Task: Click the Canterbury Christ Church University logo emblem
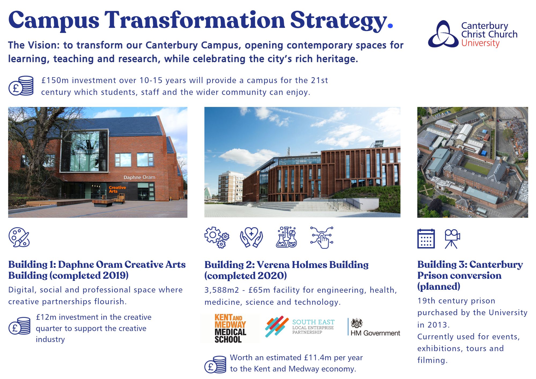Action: point(443,34)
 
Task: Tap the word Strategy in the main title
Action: point(338,20)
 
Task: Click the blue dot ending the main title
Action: point(390,26)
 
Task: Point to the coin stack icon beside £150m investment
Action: point(21,86)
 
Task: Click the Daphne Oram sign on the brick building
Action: point(139,177)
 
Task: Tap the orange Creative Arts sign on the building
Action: point(117,189)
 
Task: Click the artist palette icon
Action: point(19,237)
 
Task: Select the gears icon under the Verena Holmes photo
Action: point(217,237)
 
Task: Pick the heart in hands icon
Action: point(251,237)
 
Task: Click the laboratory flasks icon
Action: point(286,237)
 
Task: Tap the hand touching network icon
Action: point(322,237)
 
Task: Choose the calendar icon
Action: point(426,239)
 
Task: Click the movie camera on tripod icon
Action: point(452,239)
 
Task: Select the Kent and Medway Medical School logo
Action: point(230,329)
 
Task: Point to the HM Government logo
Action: point(374,328)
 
